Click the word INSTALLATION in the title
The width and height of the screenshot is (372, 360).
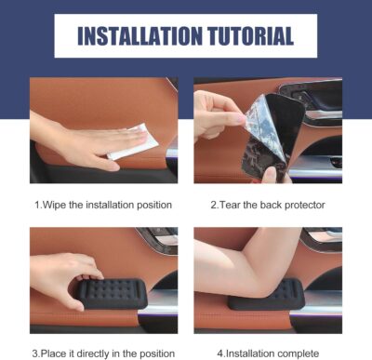pos(139,36)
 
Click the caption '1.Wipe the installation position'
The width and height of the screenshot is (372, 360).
pos(103,202)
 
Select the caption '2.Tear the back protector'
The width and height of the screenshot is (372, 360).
pos(267,202)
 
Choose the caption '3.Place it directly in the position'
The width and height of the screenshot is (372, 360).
pos(103,352)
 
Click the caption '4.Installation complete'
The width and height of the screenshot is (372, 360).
pos(267,352)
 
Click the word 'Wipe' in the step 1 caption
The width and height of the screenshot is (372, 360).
pos(56,202)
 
